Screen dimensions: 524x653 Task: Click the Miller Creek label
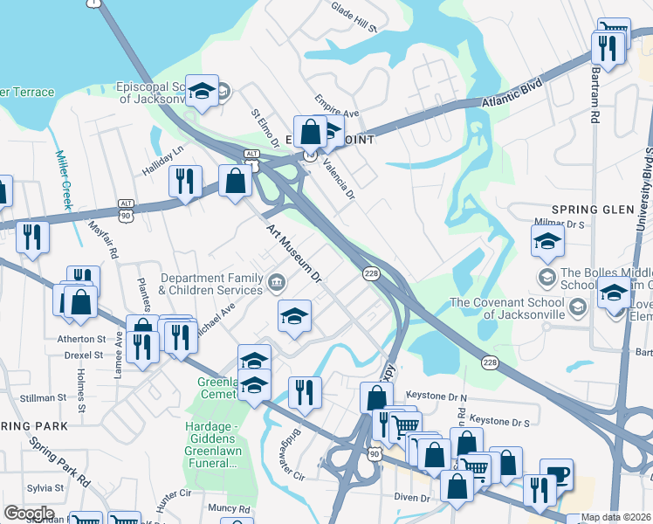[62, 180]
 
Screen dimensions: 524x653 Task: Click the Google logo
[29, 514]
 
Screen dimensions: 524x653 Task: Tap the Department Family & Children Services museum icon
[277, 281]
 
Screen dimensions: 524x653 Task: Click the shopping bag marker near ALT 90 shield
[236, 180]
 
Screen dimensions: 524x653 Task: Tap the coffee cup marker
[556, 475]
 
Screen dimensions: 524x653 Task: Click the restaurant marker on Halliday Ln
[184, 181]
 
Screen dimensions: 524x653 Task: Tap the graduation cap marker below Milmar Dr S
[546, 241]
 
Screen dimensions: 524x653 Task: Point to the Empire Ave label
[338, 106]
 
